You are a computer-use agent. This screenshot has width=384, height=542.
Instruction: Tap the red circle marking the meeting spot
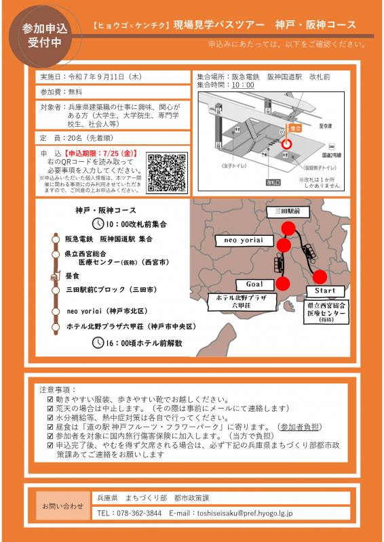coord(286,144)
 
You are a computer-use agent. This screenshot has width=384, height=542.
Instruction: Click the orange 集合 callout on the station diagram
coord(295,127)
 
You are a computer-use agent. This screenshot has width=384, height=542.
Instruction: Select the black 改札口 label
coord(273,182)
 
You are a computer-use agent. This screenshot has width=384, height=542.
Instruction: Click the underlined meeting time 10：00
coord(243,85)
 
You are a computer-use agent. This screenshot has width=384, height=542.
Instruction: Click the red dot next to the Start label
coord(320,276)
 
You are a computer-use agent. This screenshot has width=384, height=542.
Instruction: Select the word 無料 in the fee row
coord(75,91)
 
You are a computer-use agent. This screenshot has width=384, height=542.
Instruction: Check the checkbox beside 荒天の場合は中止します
coord(50,409)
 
